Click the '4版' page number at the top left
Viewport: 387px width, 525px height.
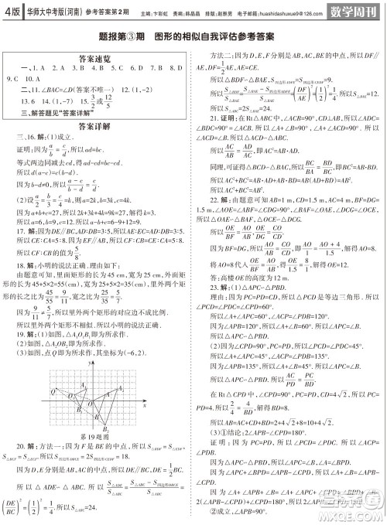point(13,10)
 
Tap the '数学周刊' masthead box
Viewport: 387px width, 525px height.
point(352,11)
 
